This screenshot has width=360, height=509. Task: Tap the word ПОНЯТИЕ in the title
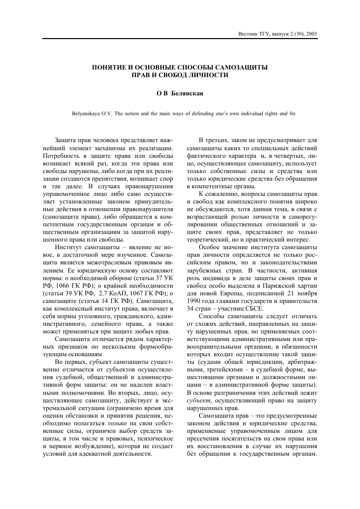point(110,66)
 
